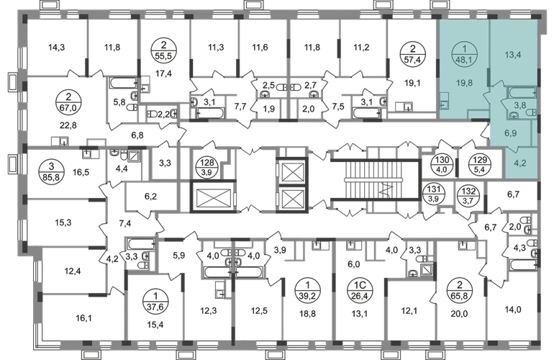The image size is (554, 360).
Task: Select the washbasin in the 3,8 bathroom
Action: [x=514, y=114]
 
